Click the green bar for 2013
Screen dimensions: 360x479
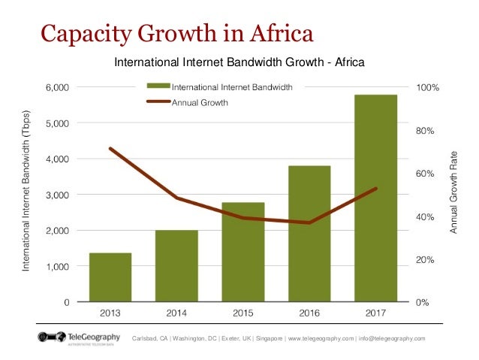(x=110, y=277)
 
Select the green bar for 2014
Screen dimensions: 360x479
(x=176, y=266)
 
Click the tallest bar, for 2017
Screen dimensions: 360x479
(x=375, y=198)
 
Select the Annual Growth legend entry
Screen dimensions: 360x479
(x=200, y=101)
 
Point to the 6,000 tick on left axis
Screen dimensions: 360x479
(x=57, y=88)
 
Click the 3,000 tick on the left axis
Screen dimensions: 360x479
(x=57, y=195)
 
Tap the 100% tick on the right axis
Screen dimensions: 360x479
(x=429, y=88)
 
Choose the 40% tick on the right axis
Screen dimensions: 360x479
(x=426, y=217)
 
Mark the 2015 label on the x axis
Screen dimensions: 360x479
(x=243, y=312)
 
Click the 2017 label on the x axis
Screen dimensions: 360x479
(x=375, y=312)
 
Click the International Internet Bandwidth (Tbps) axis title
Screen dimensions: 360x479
(x=27, y=195)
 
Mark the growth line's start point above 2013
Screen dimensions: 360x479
(x=110, y=149)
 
